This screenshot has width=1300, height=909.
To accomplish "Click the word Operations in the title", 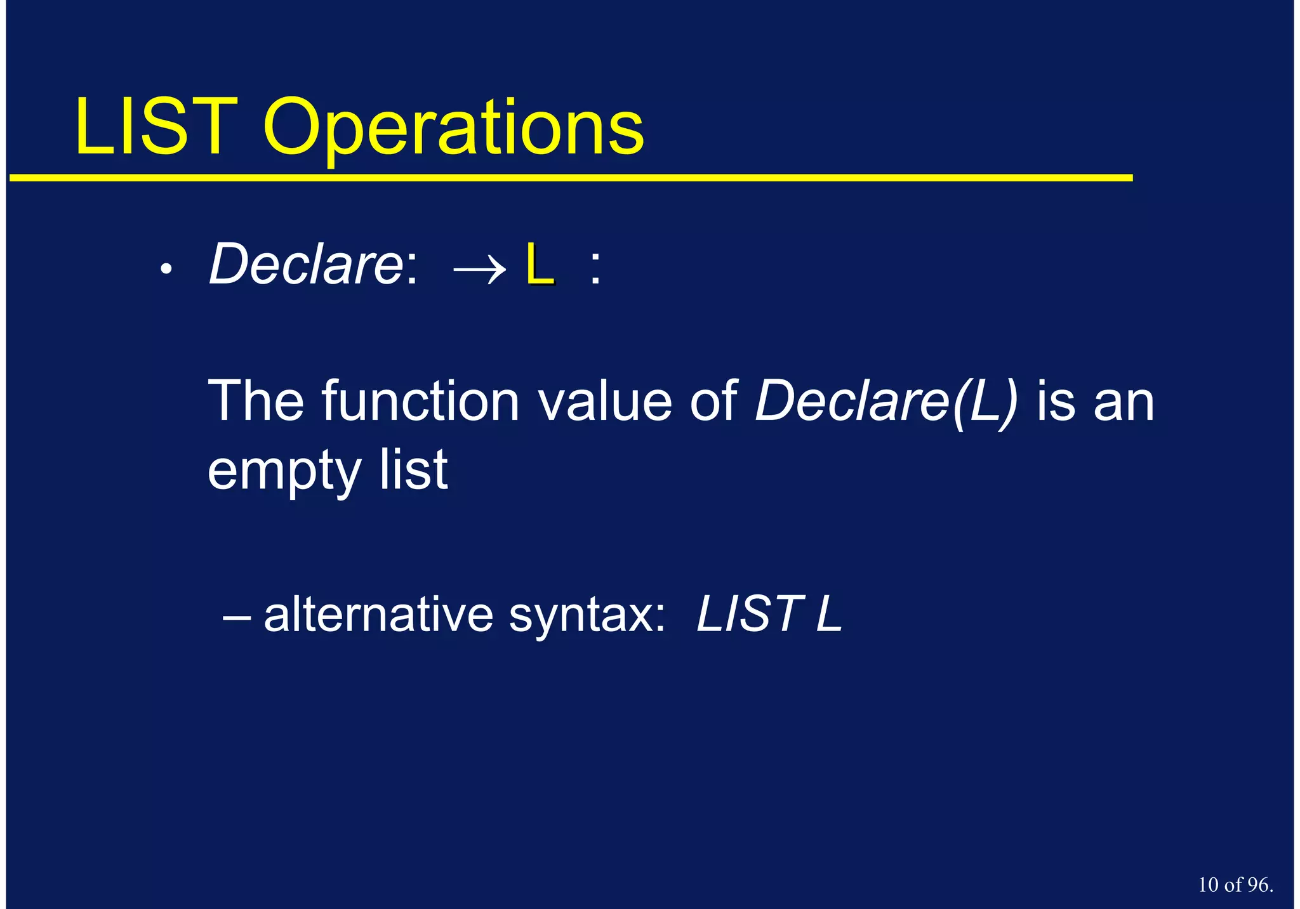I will pos(454,130).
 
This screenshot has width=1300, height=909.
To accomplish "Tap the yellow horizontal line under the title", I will pos(571,178).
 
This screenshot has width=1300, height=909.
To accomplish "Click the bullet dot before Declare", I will pos(166,269).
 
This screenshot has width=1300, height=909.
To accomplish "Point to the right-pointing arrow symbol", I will pos(479,269).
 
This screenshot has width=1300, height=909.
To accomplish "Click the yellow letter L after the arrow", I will pos(540,265).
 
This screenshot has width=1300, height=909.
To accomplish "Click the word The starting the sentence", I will pos(256,400).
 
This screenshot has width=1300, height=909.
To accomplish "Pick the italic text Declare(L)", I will pos(886,402).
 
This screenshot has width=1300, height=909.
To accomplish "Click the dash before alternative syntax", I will pos(237,615).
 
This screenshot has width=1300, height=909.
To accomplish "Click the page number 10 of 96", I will pos(1235,884).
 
